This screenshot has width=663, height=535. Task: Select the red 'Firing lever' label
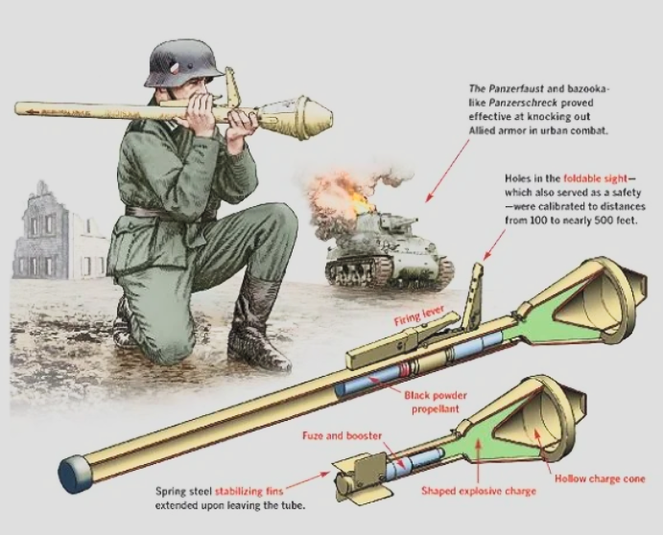pyautogui.click(x=418, y=315)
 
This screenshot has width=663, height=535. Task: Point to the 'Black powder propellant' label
pyautogui.click(x=436, y=402)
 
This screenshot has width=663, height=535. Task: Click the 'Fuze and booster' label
pyautogui.click(x=342, y=435)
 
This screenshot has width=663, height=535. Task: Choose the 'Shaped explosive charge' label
pyautogui.click(x=479, y=491)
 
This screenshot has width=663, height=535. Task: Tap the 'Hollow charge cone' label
pyautogui.click(x=600, y=478)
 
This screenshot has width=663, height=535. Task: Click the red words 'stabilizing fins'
pyautogui.click(x=249, y=492)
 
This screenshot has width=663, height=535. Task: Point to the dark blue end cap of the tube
pyautogui.click(x=72, y=474)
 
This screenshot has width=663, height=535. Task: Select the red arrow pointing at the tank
pyautogui.click(x=448, y=171)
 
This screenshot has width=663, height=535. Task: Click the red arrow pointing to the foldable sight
pyautogui.click(x=494, y=244)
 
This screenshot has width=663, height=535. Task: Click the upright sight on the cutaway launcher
pyautogui.click(x=472, y=296)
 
